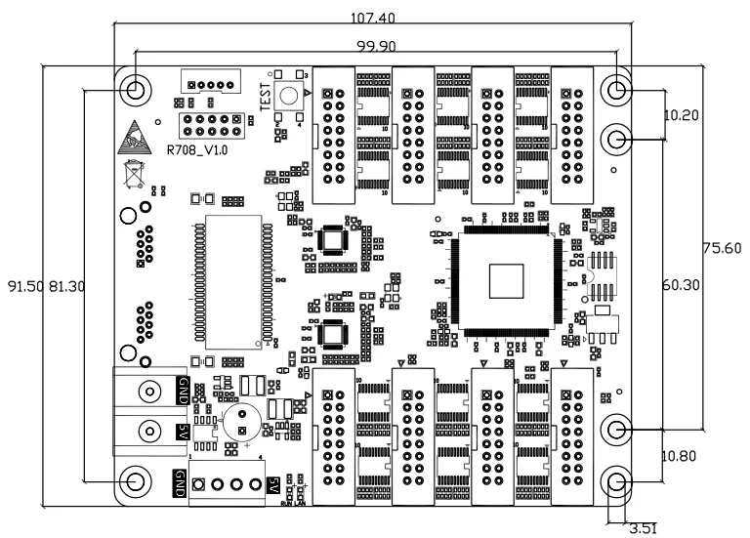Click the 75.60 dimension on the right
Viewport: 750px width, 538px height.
(725, 248)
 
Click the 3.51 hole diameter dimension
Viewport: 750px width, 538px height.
(642, 528)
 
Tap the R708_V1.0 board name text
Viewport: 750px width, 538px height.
(197, 150)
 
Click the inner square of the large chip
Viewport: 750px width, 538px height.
(507, 281)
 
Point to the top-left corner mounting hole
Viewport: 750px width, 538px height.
(136, 90)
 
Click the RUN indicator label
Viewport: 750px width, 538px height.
(285, 504)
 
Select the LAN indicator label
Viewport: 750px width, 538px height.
(301, 504)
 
